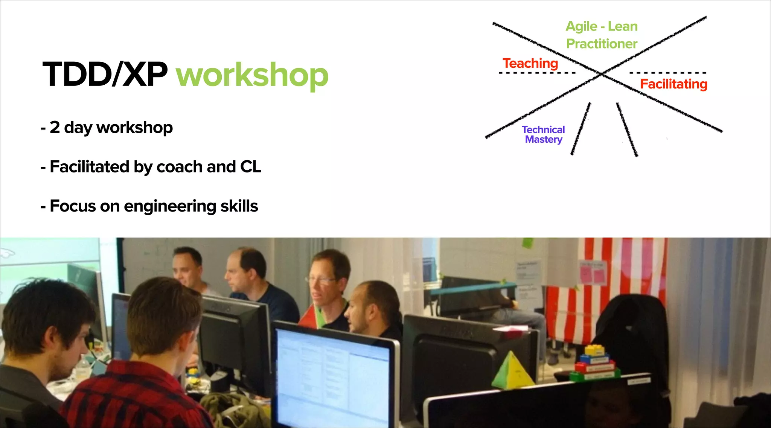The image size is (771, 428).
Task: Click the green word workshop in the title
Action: [252, 75]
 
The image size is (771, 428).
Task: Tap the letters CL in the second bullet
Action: [250, 166]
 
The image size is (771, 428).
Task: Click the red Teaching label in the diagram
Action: [530, 63]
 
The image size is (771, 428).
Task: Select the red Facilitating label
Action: [673, 84]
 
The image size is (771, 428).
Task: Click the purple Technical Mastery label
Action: [543, 134]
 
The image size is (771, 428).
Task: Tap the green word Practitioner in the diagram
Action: [602, 44]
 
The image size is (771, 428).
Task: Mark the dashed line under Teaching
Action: [537, 73]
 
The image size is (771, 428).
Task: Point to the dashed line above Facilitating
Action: [667, 73]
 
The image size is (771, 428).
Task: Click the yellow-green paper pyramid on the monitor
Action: [512, 371]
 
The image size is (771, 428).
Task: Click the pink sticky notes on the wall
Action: [593, 273]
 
